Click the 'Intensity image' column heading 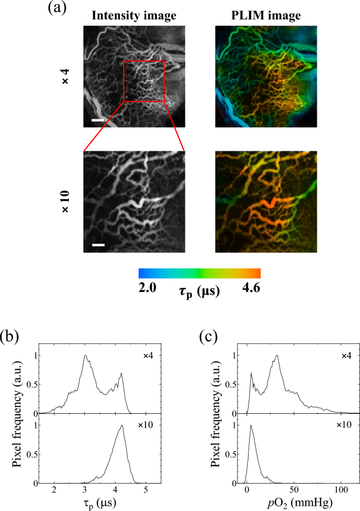click(134, 16)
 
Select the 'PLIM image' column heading click(265, 16)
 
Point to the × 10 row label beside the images click(66, 202)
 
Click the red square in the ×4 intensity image click(144, 81)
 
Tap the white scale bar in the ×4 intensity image click(98, 120)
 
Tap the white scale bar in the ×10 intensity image click(99, 245)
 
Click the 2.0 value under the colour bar click(146, 288)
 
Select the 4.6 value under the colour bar click(251, 288)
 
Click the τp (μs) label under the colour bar click(197, 289)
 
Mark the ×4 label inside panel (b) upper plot click(150, 356)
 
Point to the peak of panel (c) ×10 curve click(251, 425)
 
